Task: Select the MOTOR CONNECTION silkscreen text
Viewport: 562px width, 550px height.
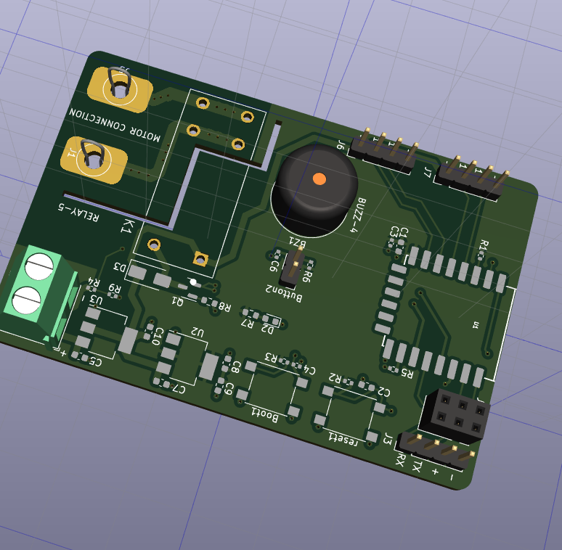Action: point(115,124)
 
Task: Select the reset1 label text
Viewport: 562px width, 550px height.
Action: point(343,438)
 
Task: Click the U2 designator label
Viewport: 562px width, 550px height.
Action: point(197,332)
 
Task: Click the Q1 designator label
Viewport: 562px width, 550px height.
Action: point(178,299)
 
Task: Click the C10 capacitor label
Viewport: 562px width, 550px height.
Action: point(158,336)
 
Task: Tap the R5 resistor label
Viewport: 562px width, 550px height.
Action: point(406,373)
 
